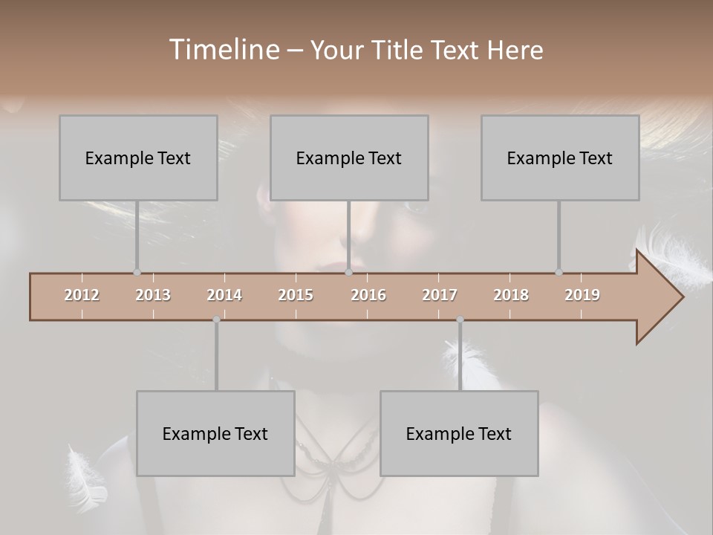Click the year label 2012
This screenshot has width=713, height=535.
point(82,295)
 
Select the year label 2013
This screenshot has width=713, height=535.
point(153,295)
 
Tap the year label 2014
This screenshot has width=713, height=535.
point(224,295)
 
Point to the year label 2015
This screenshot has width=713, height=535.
point(296,295)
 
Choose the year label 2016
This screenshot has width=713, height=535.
point(368,295)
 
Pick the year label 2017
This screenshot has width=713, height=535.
point(440,295)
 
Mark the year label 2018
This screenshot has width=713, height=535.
point(511,295)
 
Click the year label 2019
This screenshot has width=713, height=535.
point(582,295)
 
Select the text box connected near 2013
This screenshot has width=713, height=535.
point(138,158)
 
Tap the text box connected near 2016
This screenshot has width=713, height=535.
point(349,158)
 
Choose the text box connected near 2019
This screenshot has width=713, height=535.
point(560,158)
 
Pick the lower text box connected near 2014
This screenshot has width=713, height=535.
point(215,433)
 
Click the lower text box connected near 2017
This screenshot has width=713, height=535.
point(459,433)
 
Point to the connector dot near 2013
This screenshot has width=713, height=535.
point(137,272)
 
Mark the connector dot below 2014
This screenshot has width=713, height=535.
point(216,320)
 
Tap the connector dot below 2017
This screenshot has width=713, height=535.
point(460,320)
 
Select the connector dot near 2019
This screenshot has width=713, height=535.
point(559,272)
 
